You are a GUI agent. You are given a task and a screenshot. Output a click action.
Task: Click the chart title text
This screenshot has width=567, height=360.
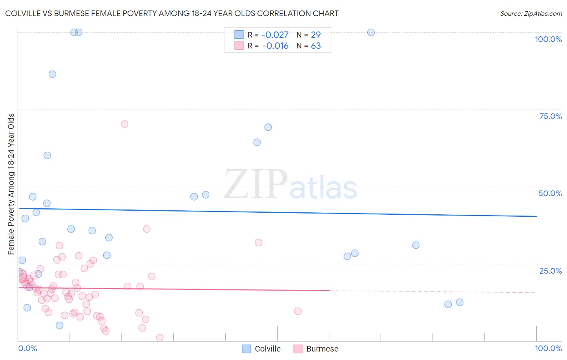point(172,13)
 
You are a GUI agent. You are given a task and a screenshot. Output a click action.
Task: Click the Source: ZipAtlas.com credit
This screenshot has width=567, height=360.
point(531,13)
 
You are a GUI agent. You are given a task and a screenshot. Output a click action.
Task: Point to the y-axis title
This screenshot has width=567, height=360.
point(11,184)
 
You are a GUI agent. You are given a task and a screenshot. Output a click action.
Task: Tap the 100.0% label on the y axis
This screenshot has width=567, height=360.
point(548,39)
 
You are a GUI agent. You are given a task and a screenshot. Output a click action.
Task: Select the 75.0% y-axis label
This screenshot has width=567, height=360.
point(550,116)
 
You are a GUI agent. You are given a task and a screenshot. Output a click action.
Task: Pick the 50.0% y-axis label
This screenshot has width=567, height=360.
point(550,193)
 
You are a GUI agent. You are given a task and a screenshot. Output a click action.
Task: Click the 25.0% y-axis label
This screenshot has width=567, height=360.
point(550,270)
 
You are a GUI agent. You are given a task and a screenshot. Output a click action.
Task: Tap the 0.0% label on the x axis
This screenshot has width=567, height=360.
point(27,348)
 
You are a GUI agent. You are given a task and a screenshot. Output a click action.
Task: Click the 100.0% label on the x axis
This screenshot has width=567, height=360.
point(548,348)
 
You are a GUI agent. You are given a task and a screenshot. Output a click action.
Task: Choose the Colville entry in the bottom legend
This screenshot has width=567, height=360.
point(261,349)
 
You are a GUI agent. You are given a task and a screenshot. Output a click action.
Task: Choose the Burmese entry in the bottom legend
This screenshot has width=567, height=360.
point(316,349)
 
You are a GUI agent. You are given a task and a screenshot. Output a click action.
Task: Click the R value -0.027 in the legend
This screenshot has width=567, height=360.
point(275,35)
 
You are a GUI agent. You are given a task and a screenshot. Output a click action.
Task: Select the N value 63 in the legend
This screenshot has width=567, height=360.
point(316,46)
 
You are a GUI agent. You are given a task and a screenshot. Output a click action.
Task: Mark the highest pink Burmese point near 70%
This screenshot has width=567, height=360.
point(124,124)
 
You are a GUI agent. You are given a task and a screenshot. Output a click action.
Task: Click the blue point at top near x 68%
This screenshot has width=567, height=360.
point(371,32)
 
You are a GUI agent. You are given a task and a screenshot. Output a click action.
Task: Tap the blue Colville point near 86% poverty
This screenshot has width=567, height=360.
point(52,74)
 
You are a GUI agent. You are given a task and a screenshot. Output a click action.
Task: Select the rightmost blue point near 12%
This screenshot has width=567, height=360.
point(460,302)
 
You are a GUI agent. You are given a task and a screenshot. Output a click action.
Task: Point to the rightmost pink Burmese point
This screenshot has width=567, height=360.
point(298,311)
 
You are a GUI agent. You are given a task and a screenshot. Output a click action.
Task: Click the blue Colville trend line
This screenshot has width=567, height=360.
point(277,212)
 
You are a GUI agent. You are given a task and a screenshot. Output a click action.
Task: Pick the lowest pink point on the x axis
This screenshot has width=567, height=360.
point(160,337)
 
